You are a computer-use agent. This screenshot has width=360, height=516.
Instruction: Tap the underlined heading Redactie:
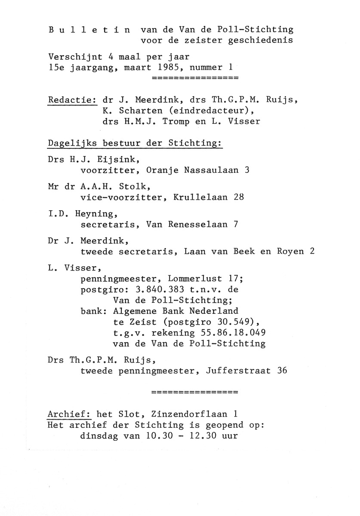coord(72,100)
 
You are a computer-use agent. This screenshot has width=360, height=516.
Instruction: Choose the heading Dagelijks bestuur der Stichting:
coord(135,143)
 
